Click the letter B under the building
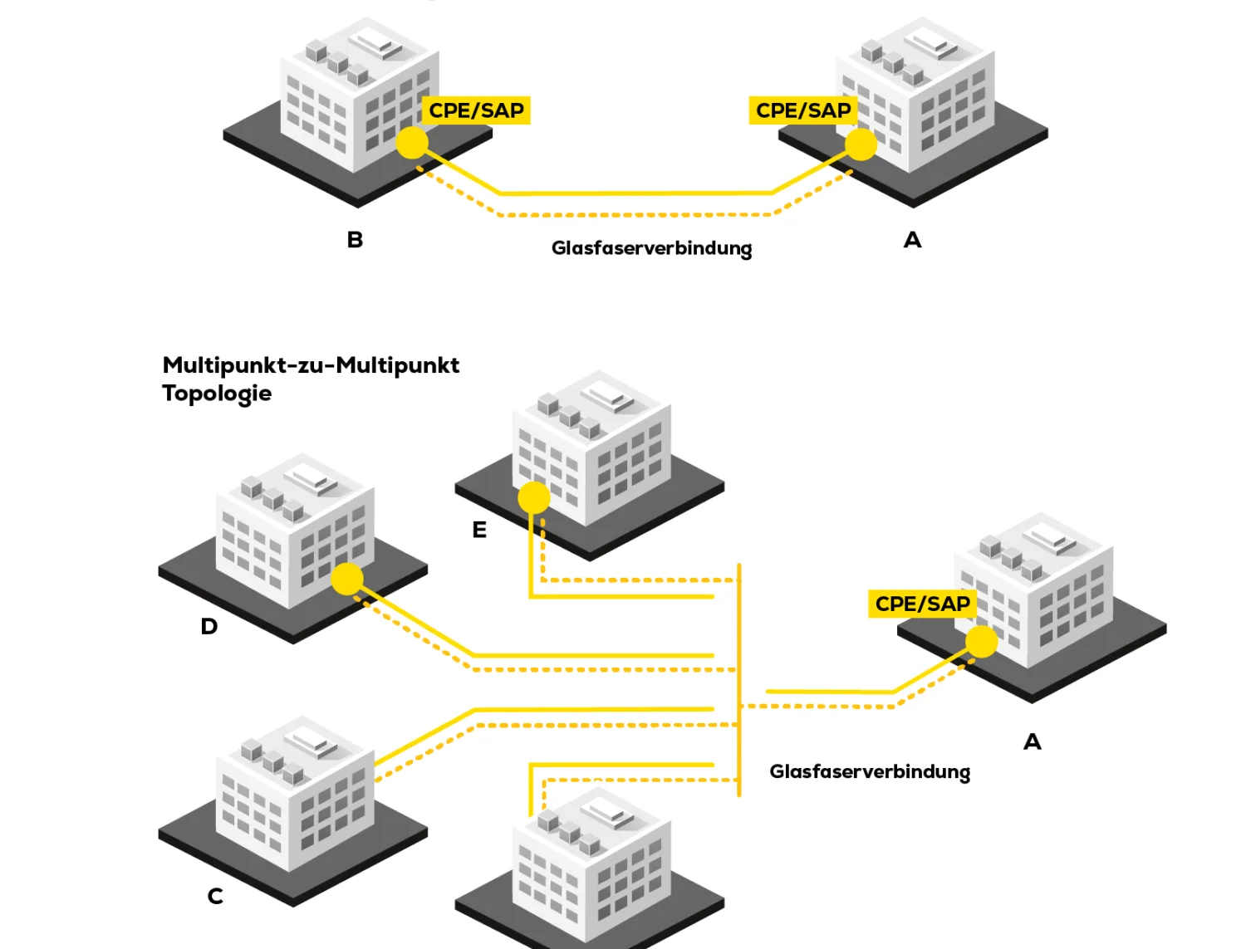pos(355,240)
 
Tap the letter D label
pos(209,626)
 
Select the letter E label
pos(479,530)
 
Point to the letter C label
pos(215,896)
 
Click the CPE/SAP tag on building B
pos(476,110)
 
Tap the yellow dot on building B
pos(412,143)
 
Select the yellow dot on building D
pos(347,579)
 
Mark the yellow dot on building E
pos(534,498)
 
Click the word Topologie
pos(217,393)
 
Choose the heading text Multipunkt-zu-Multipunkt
pos(311,365)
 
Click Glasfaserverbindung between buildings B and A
pos(651,248)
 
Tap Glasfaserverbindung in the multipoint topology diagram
pos(869,772)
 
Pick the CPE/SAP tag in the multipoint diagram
pos(922,604)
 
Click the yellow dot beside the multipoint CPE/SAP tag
pos(981,642)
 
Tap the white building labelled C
pos(295,797)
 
